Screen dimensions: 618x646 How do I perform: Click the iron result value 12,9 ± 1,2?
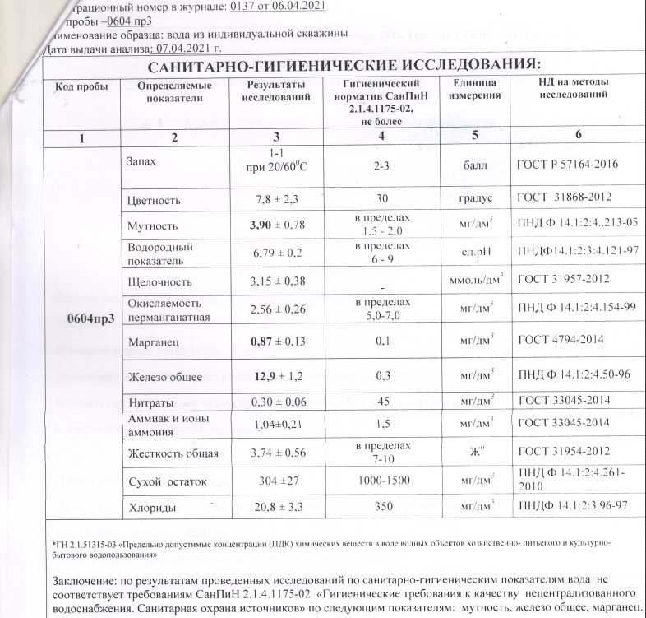click(x=275, y=376)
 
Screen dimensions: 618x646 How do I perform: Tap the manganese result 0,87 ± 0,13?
click(x=275, y=340)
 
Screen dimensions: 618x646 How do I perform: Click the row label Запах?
click(x=142, y=161)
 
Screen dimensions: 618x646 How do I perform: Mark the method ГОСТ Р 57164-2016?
click(x=568, y=165)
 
